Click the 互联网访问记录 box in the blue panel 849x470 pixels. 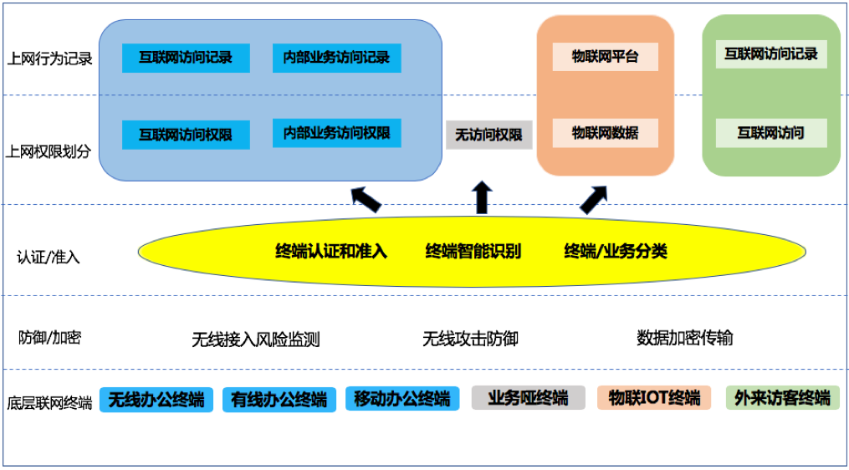[x=186, y=58]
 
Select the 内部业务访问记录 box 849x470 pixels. [x=336, y=58]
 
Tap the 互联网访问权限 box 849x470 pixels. [x=186, y=135]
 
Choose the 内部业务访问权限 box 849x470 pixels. [x=336, y=133]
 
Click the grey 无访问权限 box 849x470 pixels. [x=488, y=135]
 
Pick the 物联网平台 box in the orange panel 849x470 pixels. [x=605, y=57]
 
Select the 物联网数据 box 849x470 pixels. [x=605, y=133]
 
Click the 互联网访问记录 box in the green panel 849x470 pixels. [x=770, y=54]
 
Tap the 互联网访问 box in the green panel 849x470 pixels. [x=770, y=133]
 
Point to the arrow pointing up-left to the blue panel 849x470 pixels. [x=365, y=199]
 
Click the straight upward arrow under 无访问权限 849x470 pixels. [x=482, y=197]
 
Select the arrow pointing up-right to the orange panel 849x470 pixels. [x=594, y=199]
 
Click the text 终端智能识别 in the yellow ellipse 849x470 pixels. [x=473, y=251]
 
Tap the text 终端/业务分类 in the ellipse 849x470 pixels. [x=616, y=251]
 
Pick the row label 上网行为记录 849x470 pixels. [x=49, y=59]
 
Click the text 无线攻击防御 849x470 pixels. [x=470, y=339]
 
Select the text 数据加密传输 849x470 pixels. [x=684, y=338]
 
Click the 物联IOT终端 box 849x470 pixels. [x=654, y=398]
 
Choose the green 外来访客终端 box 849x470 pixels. [x=782, y=398]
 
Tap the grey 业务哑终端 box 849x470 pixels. [x=528, y=398]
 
